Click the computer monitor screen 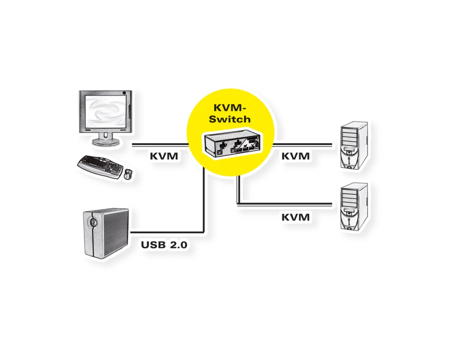pos(105,111)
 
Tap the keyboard pos(100,166)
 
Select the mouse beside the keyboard pos(128,174)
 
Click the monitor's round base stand pos(105,142)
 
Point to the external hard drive pos(106,232)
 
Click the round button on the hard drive pos(93,222)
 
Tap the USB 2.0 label pos(164,245)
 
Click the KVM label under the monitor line pos(164,156)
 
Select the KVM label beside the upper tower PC pos(296,156)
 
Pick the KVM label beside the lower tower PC pos(296,217)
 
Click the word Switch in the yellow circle pos(229,119)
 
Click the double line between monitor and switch pos(160,145)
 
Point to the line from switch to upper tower pos(302,145)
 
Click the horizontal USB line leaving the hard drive pos(167,232)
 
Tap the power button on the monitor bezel pos(124,93)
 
